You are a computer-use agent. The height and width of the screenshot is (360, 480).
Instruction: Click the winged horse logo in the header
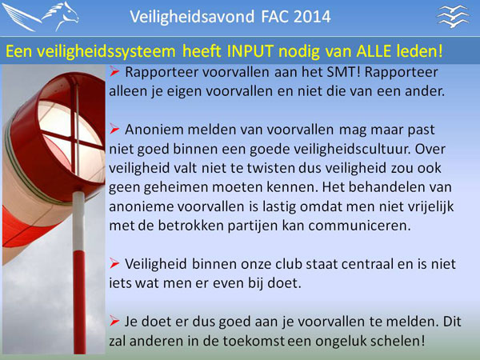pyautogui.click(x=41, y=17)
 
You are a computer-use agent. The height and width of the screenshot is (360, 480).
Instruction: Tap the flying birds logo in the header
pyautogui.click(x=453, y=17)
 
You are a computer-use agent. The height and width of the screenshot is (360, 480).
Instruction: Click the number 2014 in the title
pyautogui.click(x=312, y=17)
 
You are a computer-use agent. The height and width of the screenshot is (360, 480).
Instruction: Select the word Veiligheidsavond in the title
pyautogui.click(x=192, y=17)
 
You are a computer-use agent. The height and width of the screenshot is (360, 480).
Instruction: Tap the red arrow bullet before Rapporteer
pyautogui.click(x=114, y=72)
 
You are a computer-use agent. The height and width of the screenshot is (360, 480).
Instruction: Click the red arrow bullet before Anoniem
pyautogui.click(x=114, y=129)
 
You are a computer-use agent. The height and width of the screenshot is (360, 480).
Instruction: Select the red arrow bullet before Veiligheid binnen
pyautogui.click(x=114, y=263)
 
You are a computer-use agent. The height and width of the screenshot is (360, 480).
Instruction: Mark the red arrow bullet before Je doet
pyautogui.click(x=114, y=321)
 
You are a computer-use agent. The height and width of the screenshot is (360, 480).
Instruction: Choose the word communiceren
pyautogui.click(x=359, y=226)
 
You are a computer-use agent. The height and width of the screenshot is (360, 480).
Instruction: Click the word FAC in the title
pyautogui.click(x=273, y=17)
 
